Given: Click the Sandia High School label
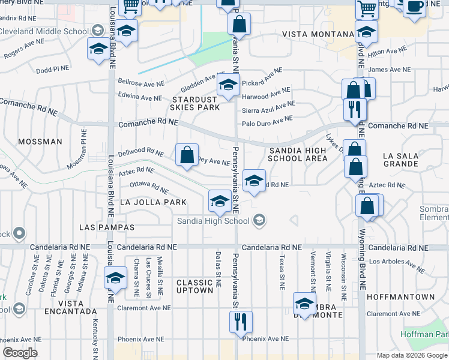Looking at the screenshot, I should coord(212,221).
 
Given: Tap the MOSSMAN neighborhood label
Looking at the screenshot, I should coord(40,142).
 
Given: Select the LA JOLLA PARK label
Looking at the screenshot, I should coord(153,202).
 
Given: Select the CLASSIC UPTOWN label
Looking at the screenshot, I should coord(195,286).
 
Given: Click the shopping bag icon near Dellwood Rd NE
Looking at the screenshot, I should coord(187,154).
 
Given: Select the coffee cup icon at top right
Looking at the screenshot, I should coord(414,5).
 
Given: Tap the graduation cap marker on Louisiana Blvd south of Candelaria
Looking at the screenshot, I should coord(115,277).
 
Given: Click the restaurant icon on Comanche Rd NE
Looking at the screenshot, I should coord(355,109).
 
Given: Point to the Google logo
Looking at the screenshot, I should coord(20,353).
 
